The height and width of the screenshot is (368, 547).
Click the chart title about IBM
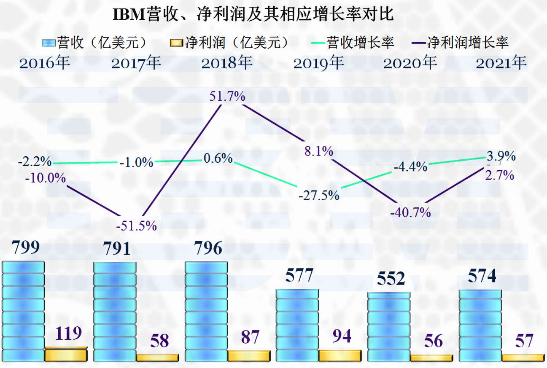(x=253, y=14)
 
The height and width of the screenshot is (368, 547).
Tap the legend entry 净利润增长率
(x=460, y=43)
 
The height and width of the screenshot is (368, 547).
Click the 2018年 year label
(x=226, y=63)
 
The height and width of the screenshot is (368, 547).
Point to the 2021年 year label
(x=501, y=63)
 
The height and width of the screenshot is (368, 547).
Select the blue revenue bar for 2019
(x=297, y=325)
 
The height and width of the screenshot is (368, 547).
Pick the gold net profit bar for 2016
(x=66, y=355)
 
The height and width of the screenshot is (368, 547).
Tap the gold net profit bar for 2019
(x=340, y=355)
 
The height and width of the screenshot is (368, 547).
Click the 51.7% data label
(x=227, y=97)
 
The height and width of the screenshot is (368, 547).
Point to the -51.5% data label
(x=136, y=226)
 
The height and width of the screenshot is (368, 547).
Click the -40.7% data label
(x=410, y=212)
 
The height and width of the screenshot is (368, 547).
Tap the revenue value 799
(x=25, y=248)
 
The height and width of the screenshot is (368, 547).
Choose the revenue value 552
(x=391, y=279)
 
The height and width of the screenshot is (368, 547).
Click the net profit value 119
(x=69, y=333)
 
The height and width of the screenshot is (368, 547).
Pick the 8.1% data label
(x=319, y=151)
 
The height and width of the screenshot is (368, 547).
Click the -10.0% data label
(x=45, y=178)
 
